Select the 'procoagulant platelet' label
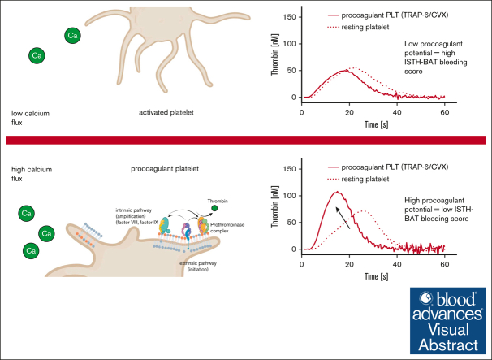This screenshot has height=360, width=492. (x=165, y=171)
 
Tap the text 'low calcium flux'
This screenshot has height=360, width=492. (x=29, y=116)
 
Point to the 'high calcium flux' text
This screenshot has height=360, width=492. (x=29, y=176)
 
